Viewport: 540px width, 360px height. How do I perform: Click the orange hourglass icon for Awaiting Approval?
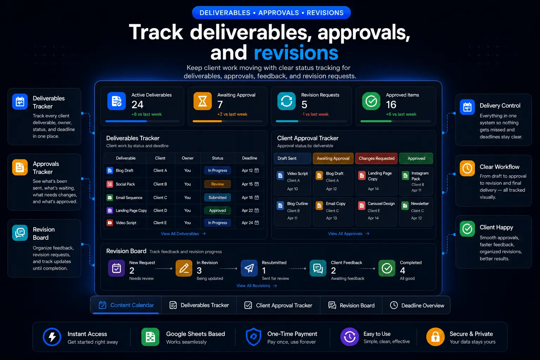click(202, 101)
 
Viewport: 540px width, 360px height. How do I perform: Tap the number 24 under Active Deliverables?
click(137, 105)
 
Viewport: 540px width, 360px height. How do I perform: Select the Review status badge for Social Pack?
click(218, 184)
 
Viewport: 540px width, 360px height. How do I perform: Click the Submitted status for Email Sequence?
click(218, 198)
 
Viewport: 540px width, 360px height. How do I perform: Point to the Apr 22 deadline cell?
click(250, 211)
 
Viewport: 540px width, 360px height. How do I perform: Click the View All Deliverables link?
click(183, 234)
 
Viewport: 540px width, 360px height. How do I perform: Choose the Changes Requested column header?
click(376, 159)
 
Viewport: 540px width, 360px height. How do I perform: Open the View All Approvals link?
click(349, 234)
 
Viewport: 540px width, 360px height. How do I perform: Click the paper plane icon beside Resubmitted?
click(249, 268)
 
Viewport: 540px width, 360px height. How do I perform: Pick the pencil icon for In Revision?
click(184, 268)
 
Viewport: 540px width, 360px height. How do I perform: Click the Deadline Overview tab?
click(417, 305)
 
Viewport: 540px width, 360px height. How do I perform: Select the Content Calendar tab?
click(126, 305)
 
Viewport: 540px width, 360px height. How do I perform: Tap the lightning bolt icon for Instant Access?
click(52, 337)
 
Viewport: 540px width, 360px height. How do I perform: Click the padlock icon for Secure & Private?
click(435, 337)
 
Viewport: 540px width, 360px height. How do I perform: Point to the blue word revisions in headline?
click(296, 53)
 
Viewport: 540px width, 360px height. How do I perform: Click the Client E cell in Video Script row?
click(160, 223)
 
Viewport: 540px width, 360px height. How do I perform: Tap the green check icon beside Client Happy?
click(467, 229)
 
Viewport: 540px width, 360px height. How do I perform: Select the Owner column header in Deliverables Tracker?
click(187, 158)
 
